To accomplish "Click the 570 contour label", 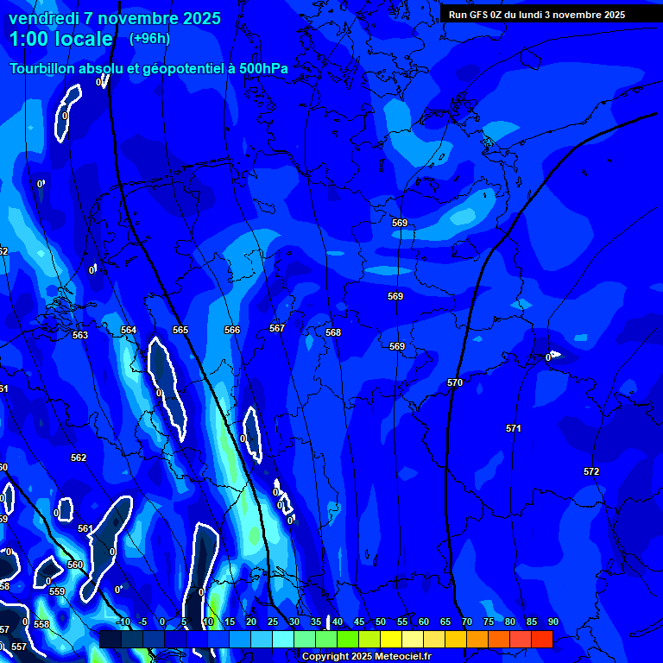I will click(x=455, y=382).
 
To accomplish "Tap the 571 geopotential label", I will click(x=514, y=428).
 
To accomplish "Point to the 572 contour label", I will click(x=591, y=471).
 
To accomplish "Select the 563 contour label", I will click(x=80, y=335).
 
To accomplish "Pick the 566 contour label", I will click(x=232, y=330).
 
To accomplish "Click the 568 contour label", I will click(x=333, y=332).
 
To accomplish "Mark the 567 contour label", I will click(x=277, y=328).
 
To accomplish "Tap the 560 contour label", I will click(x=75, y=565).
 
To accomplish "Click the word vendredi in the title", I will click(x=44, y=18).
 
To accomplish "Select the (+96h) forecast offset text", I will click(x=149, y=38).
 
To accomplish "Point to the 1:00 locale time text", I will click(x=60, y=39).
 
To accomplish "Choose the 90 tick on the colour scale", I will click(x=552, y=622).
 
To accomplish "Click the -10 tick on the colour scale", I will click(x=122, y=622).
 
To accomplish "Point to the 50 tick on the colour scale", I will click(x=381, y=622).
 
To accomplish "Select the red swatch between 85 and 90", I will click(x=541, y=639).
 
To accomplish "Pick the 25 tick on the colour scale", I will click(x=273, y=622).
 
